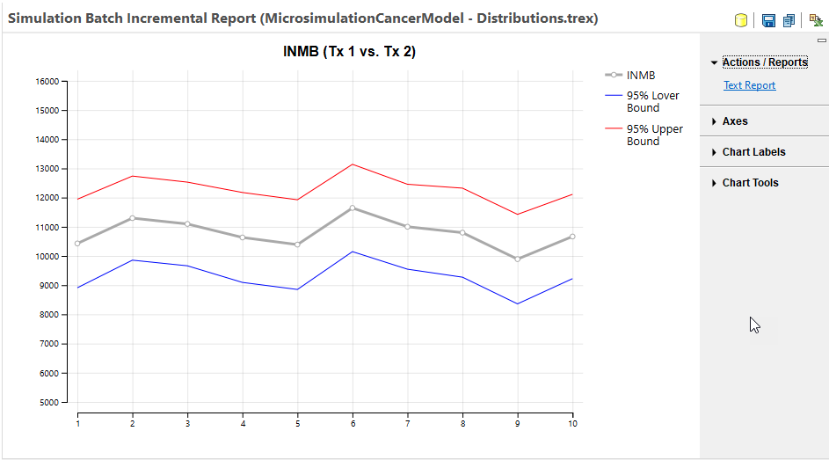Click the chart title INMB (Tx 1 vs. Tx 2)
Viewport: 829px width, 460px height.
[x=349, y=52]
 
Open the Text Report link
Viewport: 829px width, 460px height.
[x=749, y=85]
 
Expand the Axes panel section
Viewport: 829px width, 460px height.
[x=735, y=121]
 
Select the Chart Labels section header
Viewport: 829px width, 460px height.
[x=753, y=152]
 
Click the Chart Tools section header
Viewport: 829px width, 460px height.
[x=750, y=183]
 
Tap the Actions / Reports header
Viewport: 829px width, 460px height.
[x=764, y=62]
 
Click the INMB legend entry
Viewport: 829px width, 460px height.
[x=641, y=76]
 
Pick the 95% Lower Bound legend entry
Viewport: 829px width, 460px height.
[x=652, y=101]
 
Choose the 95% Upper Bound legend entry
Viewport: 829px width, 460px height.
[x=654, y=135]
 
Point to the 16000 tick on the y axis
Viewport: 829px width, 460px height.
[x=47, y=82]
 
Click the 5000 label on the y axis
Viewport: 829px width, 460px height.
[x=49, y=403]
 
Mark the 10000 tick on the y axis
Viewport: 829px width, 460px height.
[x=47, y=257]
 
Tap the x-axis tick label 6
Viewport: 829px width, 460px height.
[x=353, y=424]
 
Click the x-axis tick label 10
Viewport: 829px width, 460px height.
[x=572, y=424]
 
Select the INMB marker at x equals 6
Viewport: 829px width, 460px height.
[x=353, y=208]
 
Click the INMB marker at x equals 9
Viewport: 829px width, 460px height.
[x=518, y=259]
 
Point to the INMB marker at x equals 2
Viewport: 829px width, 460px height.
[x=133, y=218]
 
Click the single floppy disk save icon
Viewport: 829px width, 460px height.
[x=768, y=20]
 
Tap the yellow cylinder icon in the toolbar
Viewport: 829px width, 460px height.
[x=741, y=20]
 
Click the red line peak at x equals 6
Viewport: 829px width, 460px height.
[x=353, y=164]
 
